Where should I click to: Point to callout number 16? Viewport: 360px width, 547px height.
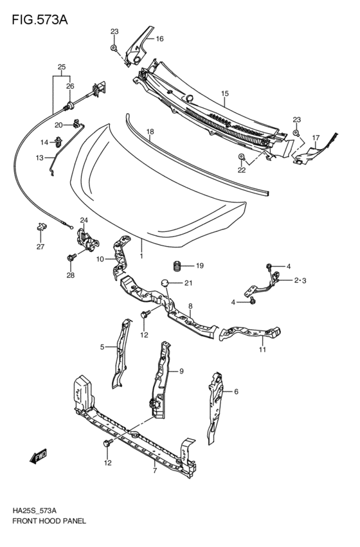point(159,39)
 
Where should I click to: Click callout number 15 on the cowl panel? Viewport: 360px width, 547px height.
point(225,94)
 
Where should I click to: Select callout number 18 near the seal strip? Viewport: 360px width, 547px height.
point(149,133)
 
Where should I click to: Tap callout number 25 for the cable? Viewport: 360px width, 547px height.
point(62,67)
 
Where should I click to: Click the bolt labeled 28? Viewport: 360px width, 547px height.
point(70,258)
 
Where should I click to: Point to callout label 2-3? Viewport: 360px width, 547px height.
point(301,280)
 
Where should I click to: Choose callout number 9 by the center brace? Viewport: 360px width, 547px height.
point(181,371)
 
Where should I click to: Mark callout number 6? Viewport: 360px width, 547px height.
point(236,391)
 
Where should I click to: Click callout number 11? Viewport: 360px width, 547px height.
point(262,350)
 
